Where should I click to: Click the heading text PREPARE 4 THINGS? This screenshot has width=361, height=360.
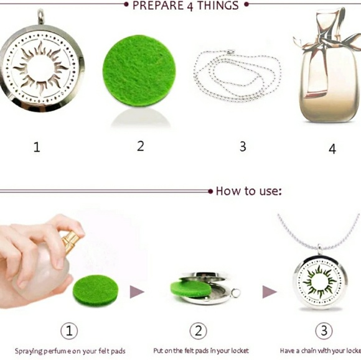[x=185, y=6]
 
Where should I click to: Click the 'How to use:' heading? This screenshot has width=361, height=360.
[x=248, y=191]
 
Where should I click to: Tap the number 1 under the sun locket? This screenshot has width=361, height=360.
[x=37, y=147]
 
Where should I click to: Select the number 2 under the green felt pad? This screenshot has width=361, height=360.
[x=141, y=146]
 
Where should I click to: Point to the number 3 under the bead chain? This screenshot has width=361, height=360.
[x=243, y=147]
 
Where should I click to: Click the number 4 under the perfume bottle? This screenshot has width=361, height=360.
[x=332, y=149]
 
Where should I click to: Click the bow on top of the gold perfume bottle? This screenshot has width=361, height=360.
[x=326, y=31]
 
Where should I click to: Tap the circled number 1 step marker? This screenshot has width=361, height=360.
[x=68, y=330]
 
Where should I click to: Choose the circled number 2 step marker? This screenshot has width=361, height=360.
[x=198, y=330]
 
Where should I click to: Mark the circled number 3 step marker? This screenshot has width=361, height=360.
[x=323, y=330]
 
